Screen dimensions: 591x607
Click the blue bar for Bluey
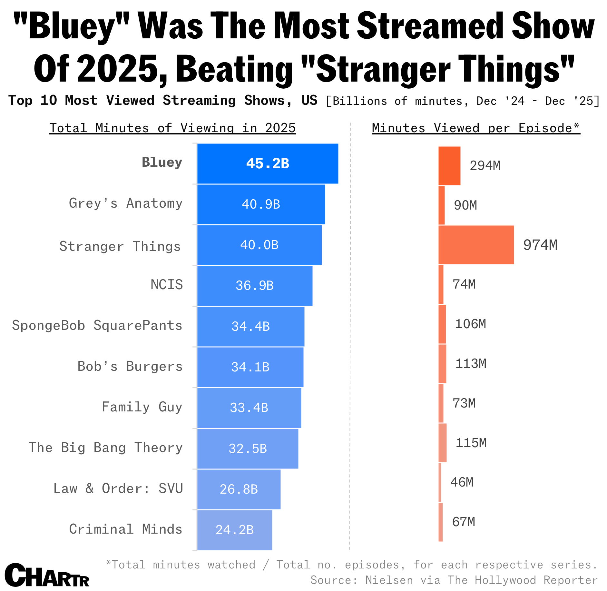[268, 163]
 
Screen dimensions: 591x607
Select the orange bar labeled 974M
[476, 245]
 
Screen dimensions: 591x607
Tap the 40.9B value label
[261, 204]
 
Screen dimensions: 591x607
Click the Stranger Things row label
[120, 246]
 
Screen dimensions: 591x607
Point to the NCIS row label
[167, 285]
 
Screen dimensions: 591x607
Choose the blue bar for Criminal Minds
[234, 530]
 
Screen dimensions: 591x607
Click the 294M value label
[485, 166]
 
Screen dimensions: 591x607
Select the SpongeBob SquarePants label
[97, 325]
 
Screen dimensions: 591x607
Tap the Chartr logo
[47, 576]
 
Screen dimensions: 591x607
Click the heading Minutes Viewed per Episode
[476, 128]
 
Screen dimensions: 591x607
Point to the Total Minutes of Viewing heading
[172, 128]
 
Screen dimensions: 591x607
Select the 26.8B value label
[239, 489]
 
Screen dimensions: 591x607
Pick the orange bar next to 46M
[440, 483]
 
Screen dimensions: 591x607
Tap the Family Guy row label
[142, 407]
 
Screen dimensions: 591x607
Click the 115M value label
[471, 443]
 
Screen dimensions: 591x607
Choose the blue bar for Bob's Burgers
[250, 367]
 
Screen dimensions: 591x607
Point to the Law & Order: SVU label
[118, 488]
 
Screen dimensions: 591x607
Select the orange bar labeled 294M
[449, 166]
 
